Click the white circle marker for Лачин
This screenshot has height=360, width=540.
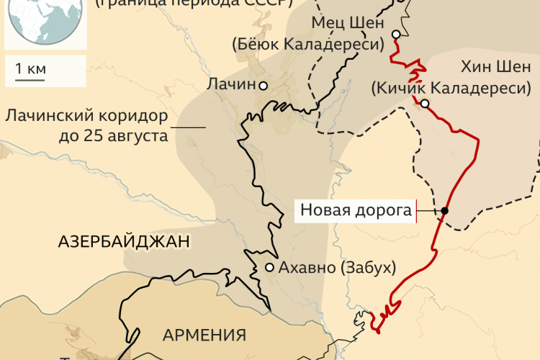tap(264, 86)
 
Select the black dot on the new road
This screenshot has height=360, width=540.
tap(445, 211)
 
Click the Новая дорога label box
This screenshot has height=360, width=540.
tap(356, 211)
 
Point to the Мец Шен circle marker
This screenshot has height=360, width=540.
tap(396, 35)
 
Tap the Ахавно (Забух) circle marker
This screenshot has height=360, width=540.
tap(269, 267)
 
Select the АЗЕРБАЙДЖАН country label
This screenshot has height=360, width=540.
tap(124, 242)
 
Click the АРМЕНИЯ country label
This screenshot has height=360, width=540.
tap(204, 335)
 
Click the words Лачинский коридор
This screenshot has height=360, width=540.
tap(86, 116)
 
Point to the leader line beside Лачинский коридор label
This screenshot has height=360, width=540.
tap(188, 128)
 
